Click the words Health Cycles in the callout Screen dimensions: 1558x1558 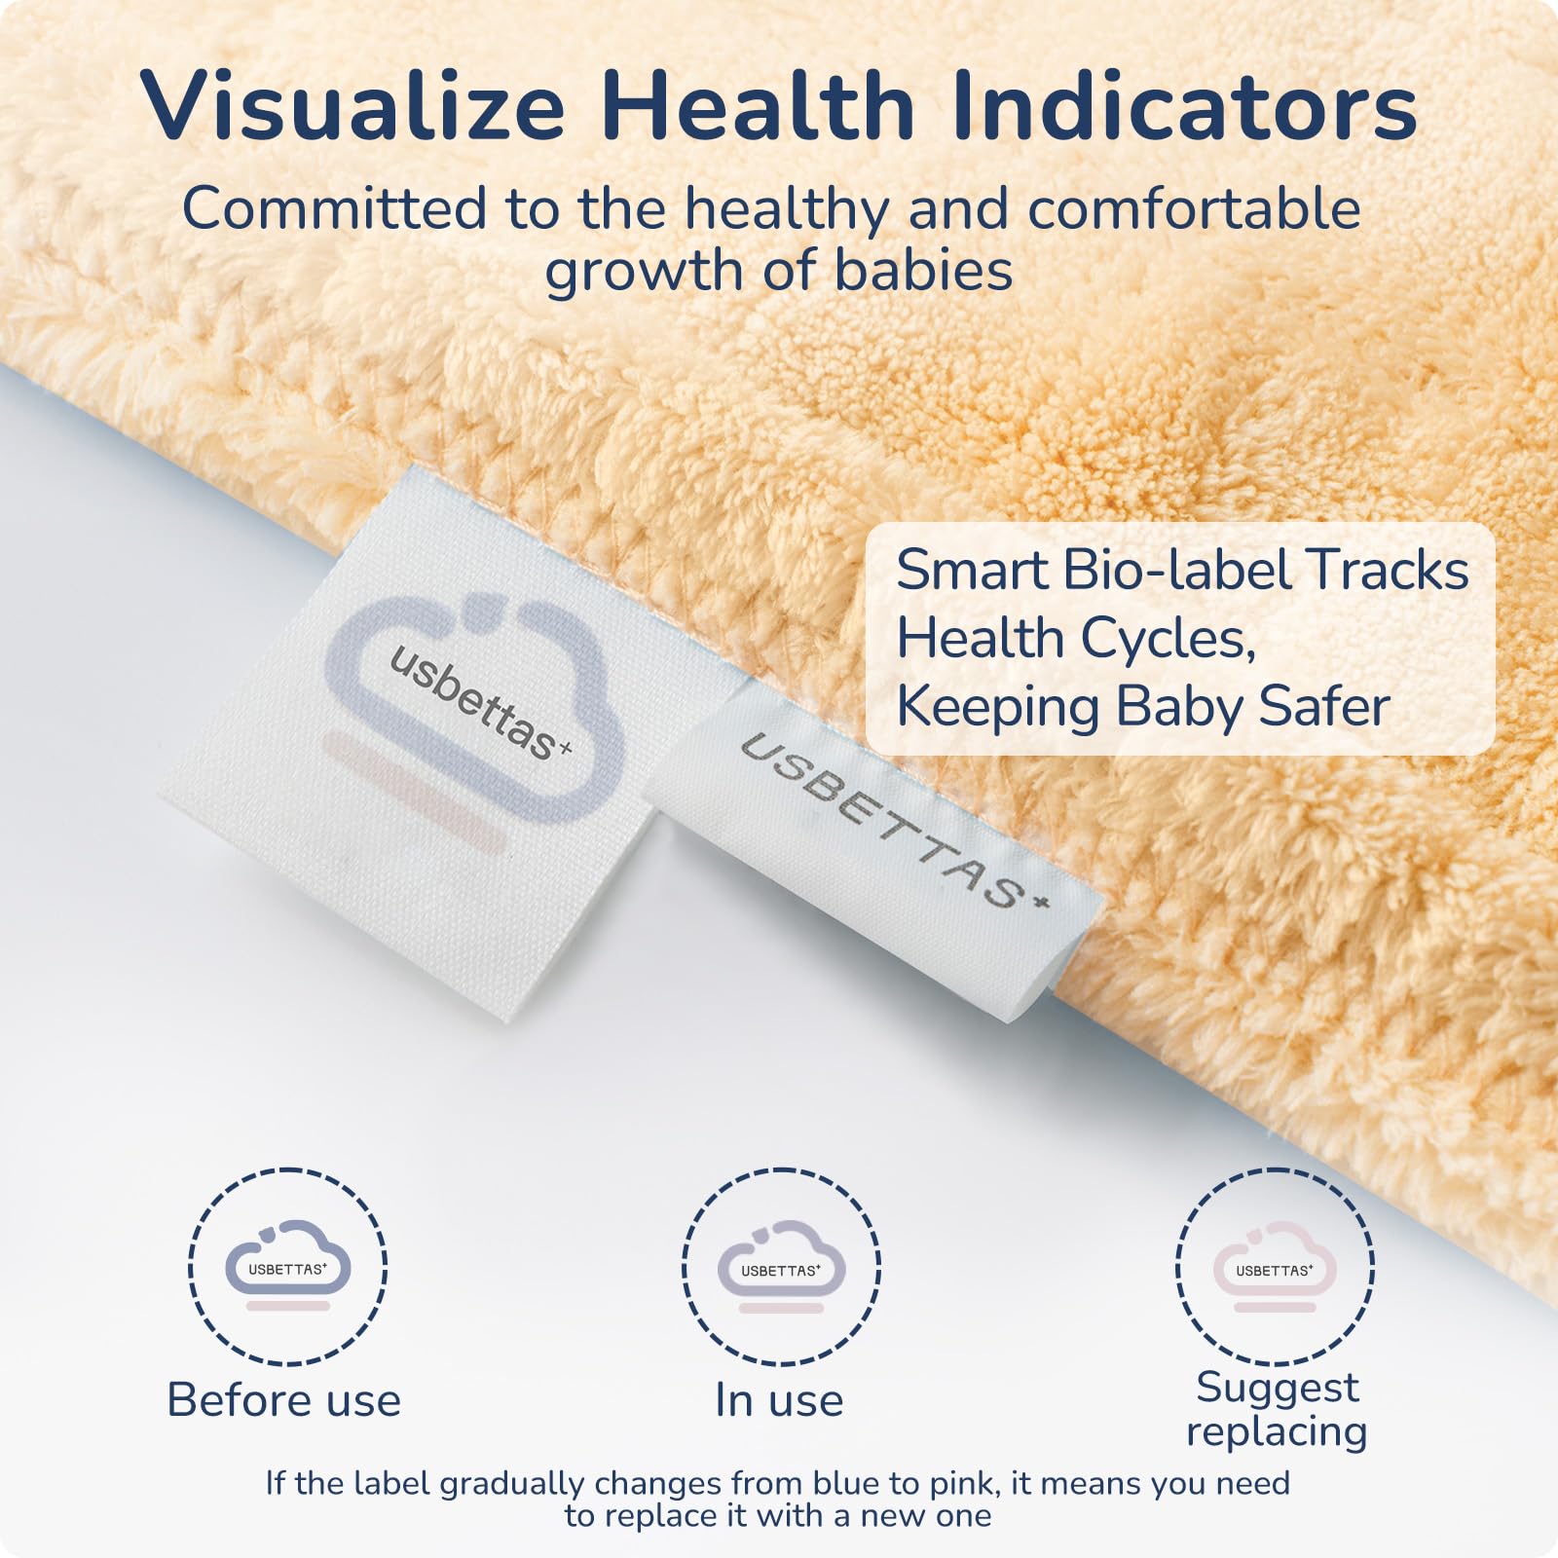(1076, 639)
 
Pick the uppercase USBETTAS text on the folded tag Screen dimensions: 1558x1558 (897, 820)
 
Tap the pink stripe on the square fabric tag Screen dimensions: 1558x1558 (413, 794)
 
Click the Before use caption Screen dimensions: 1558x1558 (284, 1400)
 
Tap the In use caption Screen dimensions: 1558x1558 (779, 1400)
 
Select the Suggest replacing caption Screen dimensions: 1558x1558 (1277, 1410)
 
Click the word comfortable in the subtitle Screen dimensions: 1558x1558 (1194, 208)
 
